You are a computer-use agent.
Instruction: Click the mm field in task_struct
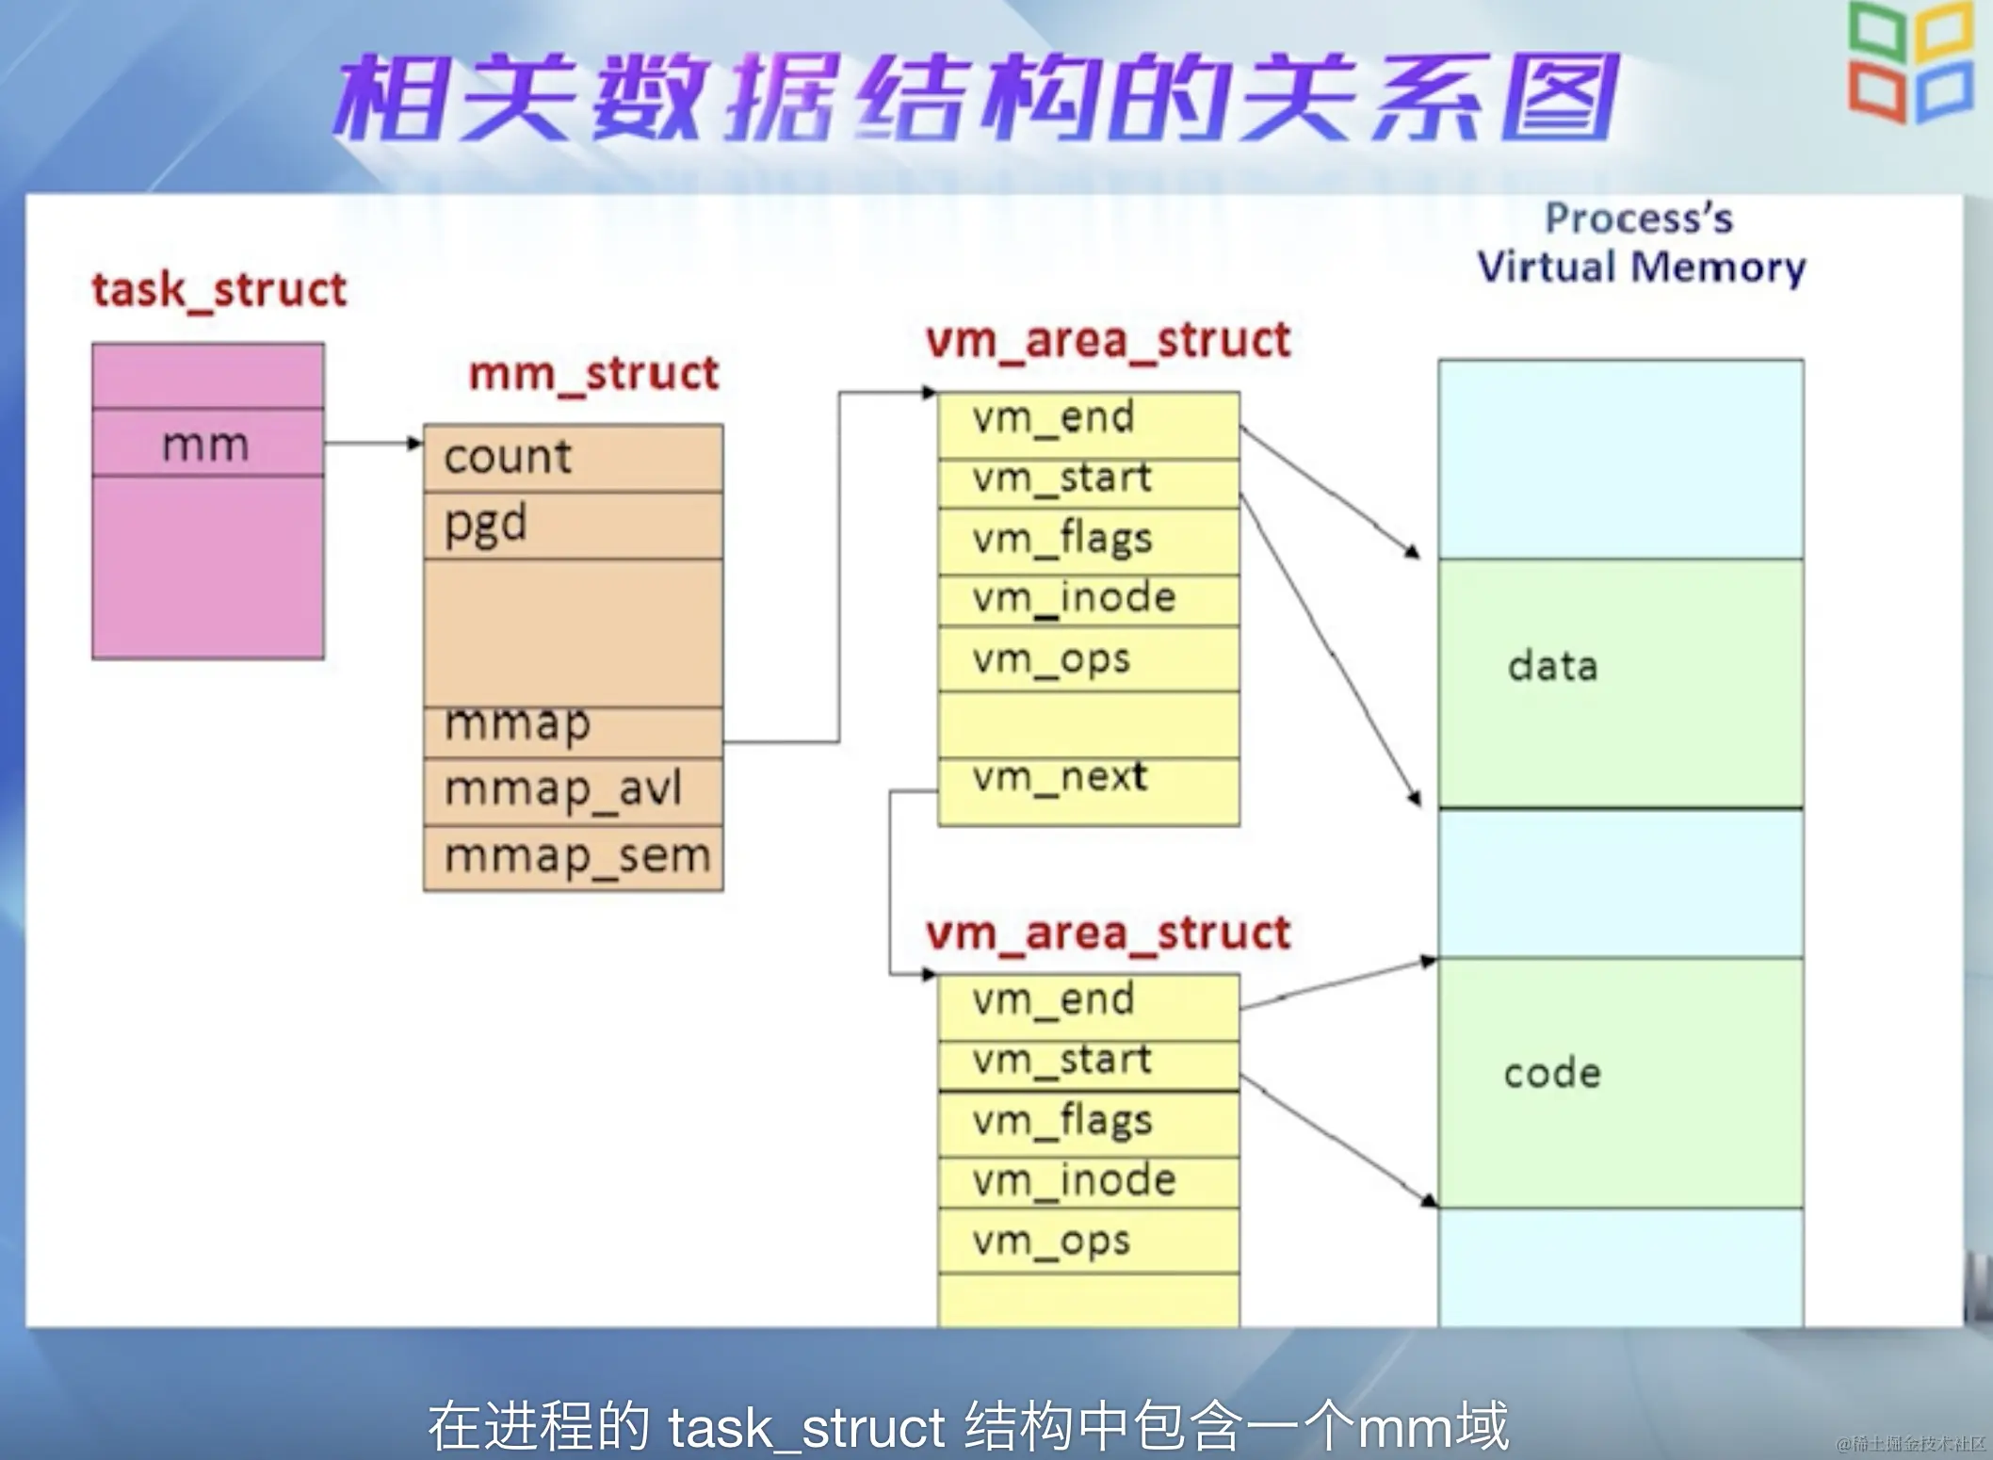click(x=206, y=444)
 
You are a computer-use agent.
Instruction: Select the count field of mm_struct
click(x=508, y=458)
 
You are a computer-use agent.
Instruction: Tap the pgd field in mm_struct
click(x=485, y=525)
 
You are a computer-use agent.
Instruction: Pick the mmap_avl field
click(x=562, y=789)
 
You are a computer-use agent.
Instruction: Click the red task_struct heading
click(x=219, y=290)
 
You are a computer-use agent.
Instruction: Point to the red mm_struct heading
click(x=593, y=374)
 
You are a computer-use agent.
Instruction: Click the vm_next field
click(x=1060, y=777)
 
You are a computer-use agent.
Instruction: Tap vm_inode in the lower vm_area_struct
click(x=1074, y=1181)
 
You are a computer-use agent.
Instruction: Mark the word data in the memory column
click(x=1552, y=667)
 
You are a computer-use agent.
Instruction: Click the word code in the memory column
click(x=1552, y=1074)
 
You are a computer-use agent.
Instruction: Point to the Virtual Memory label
click(x=1641, y=268)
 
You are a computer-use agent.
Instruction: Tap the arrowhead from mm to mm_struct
click(x=414, y=443)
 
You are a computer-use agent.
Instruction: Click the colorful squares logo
click(x=1910, y=62)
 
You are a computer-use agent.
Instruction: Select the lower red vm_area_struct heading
click(x=1108, y=933)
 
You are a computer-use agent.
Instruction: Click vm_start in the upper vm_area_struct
click(x=1061, y=479)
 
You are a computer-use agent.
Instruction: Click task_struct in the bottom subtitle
click(x=806, y=1426)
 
